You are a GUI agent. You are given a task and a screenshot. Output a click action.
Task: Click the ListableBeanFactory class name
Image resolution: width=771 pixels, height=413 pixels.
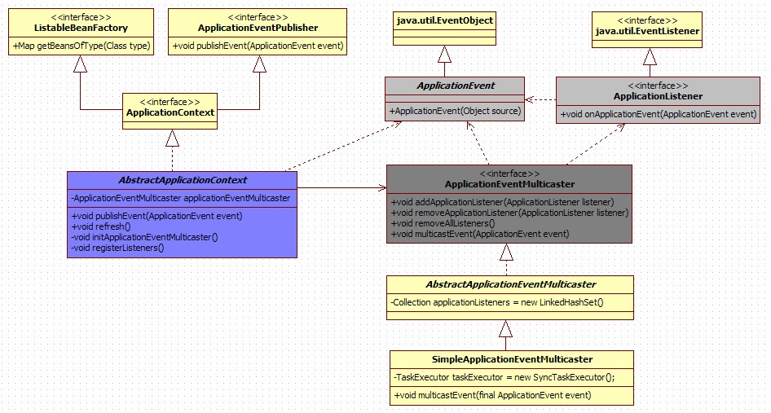pyautogui.click(x=82, y=28)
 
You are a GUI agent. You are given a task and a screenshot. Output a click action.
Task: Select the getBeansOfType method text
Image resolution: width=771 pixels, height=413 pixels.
pyautogui.click(x=82, y=46)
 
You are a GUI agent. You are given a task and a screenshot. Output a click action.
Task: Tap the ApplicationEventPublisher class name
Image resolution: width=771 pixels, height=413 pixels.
pyautogui.click(x=258, y=28)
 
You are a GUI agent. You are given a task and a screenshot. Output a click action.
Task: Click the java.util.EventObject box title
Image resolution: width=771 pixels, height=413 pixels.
pyautogui.click(x=444, y=20)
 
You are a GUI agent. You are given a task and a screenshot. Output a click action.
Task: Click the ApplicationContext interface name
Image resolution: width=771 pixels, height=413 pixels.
pyautogui.click(x=170, y=112)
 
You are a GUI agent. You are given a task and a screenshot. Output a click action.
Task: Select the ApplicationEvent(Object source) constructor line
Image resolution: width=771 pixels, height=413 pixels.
pyautogui.click(x=455, y=111)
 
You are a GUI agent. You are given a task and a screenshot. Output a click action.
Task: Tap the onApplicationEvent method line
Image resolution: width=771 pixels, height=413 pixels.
pyautogui.click(x=659, y=114)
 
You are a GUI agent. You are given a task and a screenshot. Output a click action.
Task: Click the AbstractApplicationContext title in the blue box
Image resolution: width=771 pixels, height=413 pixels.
pyautogui.click(x=182, y=180)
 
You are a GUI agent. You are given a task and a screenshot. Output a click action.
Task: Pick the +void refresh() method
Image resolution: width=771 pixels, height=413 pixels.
pyautogui.click(x=101, y=226)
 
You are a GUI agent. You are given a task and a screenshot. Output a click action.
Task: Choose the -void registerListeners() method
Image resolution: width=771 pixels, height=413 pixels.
pyautogui.click(x=117, y=248)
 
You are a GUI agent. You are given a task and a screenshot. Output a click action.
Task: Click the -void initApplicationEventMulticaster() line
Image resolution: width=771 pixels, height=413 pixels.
pyautogui.click(x=144, y=237)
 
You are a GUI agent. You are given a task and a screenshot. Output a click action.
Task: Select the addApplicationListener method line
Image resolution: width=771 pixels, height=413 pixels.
pyautogui.click(x=502, y=202)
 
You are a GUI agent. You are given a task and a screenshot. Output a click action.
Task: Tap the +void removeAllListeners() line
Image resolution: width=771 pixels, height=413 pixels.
pyautogui.click(x=443, y=223)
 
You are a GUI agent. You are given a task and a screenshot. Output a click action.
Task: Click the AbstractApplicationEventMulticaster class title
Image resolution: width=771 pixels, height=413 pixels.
pyautogui.click(x=511, y=284)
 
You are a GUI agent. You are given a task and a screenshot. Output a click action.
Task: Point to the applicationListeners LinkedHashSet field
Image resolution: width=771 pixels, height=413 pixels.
pyautogui.click(x=497, y=303)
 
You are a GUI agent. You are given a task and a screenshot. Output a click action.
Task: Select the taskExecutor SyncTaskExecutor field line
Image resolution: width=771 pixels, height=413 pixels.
pyautogui.click(x=504, y=377)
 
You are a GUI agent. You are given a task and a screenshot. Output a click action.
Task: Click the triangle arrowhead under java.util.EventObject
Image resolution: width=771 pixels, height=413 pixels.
pyautogui.click(x=444, y=55)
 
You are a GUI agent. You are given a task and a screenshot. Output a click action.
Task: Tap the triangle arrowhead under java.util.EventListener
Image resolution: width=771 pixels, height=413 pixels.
pyautogui.click(x=649, y=57)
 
